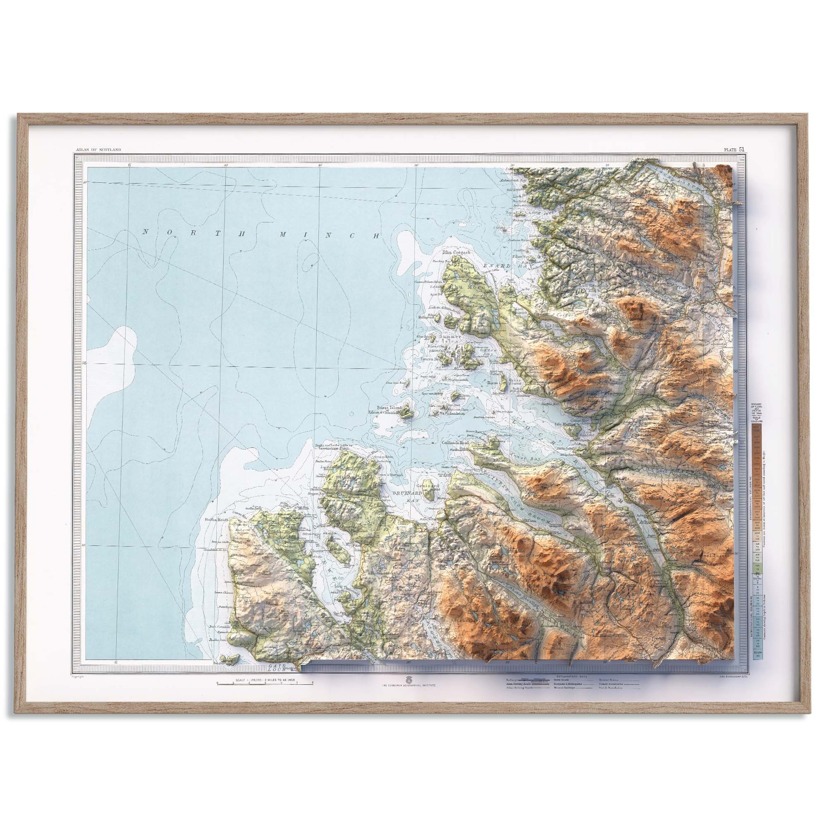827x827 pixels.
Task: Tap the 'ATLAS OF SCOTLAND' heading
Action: (x=98, y=149)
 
